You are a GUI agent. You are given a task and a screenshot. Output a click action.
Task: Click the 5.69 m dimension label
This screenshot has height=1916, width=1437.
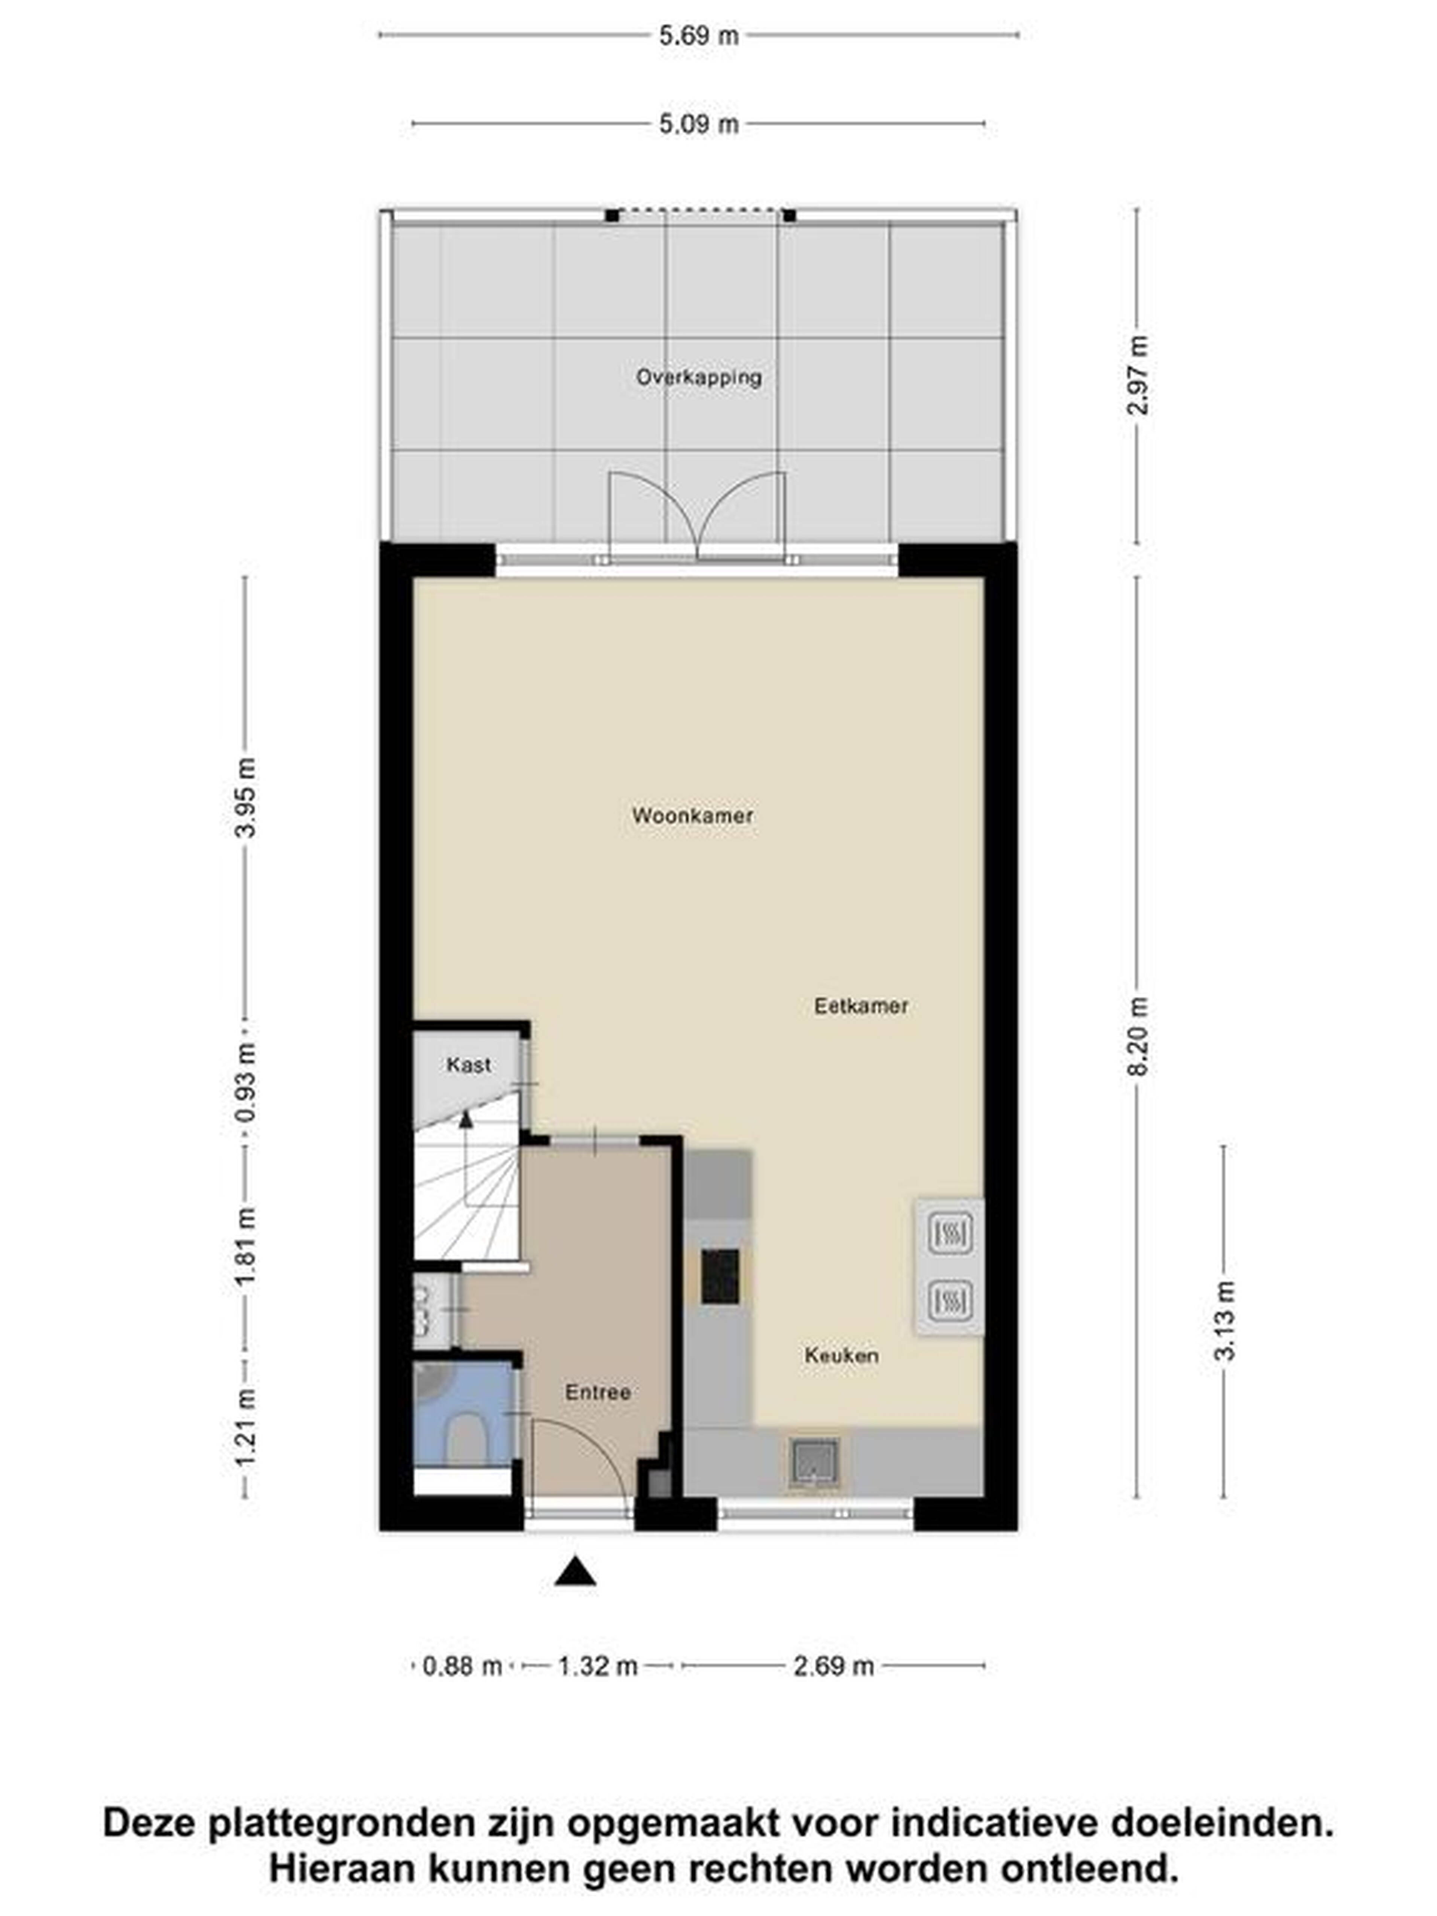pos(698,36)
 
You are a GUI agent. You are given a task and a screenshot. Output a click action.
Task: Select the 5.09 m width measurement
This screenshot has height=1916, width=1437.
pos(698,124)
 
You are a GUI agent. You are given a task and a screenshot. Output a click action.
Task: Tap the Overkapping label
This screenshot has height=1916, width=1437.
pos(698,377)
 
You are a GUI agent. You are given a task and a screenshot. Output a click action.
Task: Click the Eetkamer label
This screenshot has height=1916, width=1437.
pos(861,1006)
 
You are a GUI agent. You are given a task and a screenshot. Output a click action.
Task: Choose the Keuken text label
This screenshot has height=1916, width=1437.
pos(841,1355)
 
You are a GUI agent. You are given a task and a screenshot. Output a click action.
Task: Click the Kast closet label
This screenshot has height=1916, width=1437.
pos(469,1065)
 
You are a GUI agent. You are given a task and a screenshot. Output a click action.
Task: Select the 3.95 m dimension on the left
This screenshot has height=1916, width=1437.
pos(246,797)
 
